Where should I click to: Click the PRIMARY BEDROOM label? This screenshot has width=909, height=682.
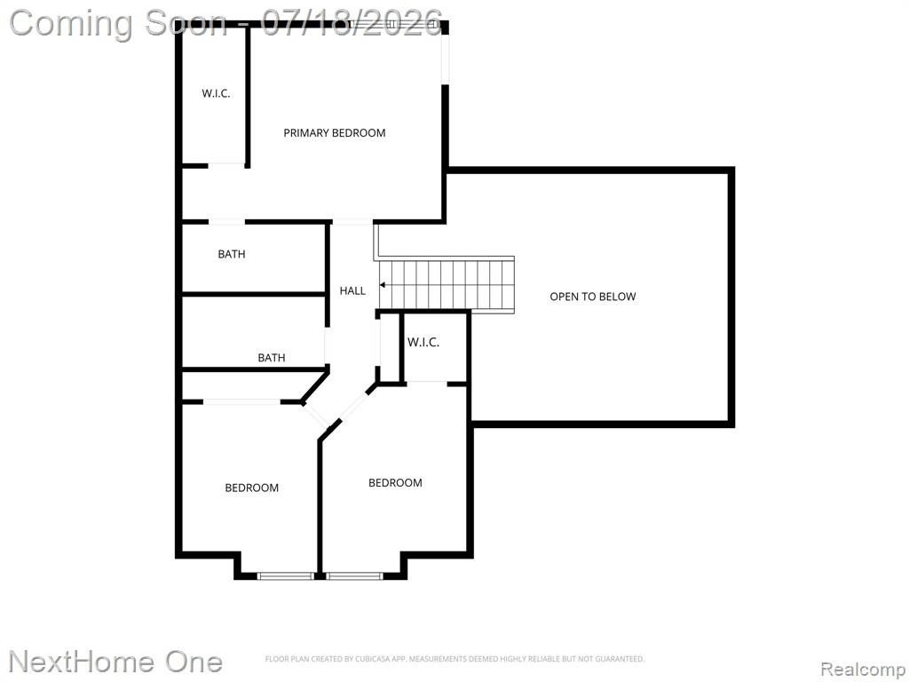(335, 133)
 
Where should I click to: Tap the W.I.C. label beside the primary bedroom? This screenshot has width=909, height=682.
(216, 92)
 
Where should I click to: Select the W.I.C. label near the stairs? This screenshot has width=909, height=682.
(423, 342)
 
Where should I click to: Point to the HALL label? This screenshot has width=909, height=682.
(352, 290)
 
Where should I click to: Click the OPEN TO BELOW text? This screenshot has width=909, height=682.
(592, 297)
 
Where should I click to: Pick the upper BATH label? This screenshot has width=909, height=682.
(232, 254)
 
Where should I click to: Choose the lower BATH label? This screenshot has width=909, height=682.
(272, 358)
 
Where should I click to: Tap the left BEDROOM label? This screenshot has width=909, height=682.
(251, 488)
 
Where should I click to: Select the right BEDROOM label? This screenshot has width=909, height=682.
(395, 482)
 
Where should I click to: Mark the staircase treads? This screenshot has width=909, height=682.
(447, 285)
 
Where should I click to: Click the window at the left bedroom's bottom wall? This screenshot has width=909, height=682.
(285, 575)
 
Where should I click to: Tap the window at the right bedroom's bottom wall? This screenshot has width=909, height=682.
(354, 575)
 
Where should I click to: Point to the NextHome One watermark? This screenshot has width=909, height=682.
(116, 662)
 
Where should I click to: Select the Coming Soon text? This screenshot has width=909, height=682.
(118, 24)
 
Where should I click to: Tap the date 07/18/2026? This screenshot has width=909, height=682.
(352, 23)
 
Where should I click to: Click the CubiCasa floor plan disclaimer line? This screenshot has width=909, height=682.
(454, 659)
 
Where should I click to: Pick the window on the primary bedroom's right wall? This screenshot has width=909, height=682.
(446, 57)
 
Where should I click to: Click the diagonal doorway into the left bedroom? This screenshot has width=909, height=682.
(317, 415)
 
